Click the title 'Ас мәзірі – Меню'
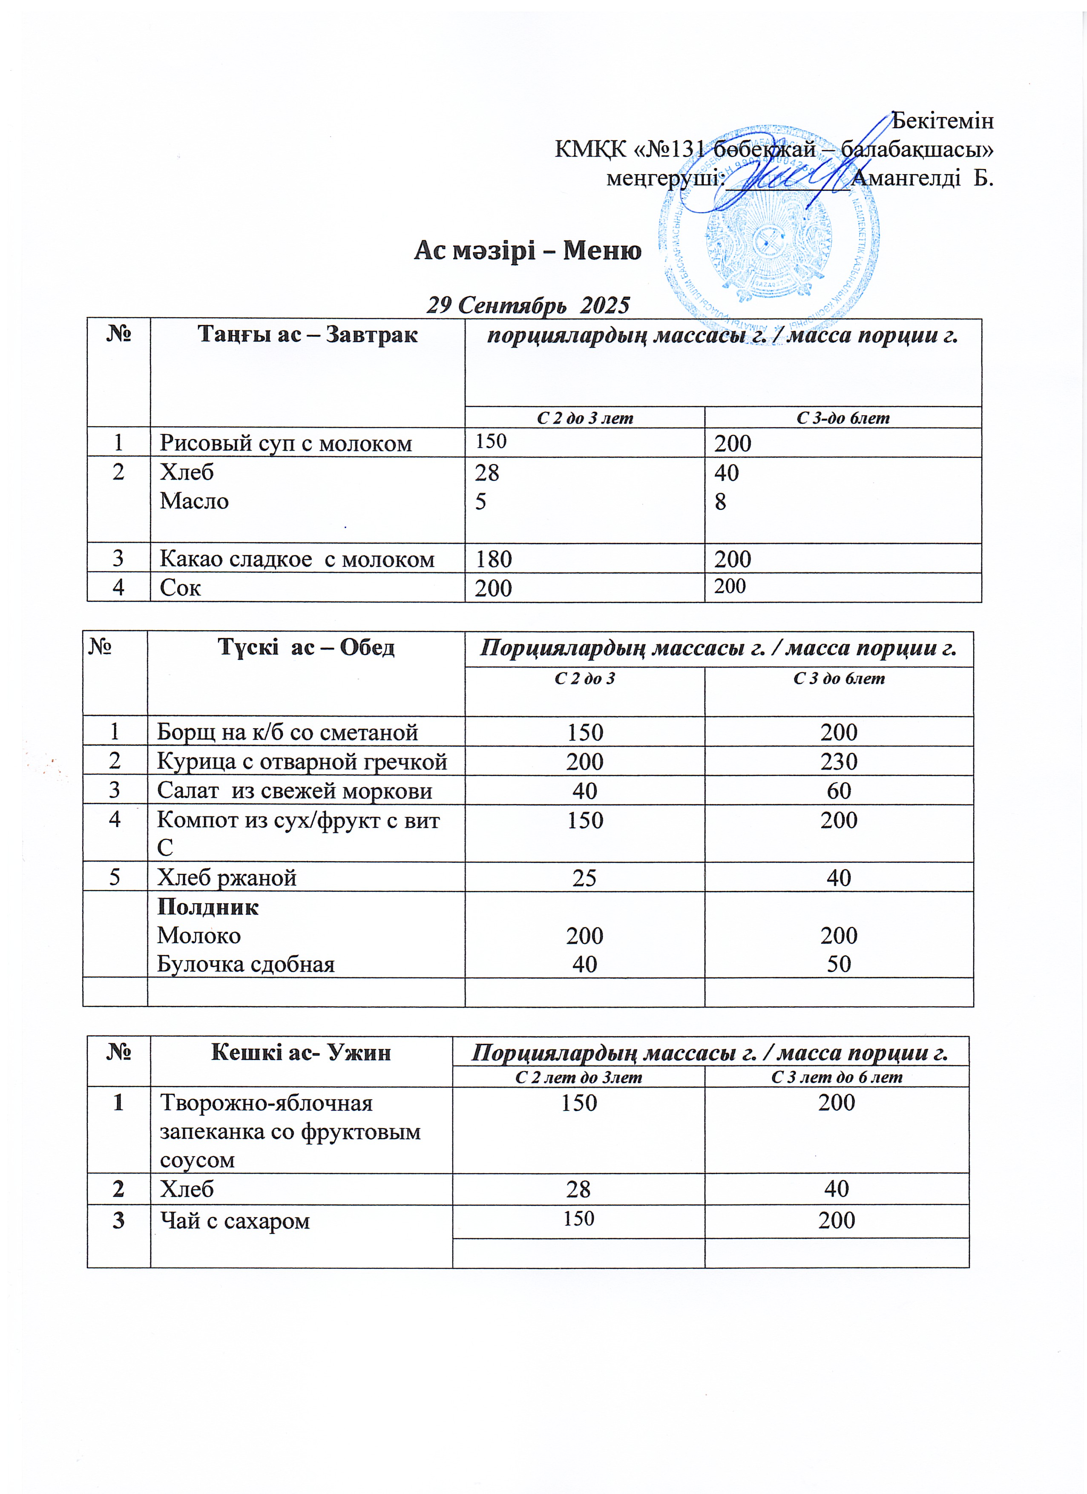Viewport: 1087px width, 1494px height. click(x=527, y=251)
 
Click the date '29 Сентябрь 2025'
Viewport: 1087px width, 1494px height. click(x=528, y=305)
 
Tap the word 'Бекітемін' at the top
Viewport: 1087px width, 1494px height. click(x=942, y=121)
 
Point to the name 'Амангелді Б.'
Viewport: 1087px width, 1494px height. click(x=922, y=178)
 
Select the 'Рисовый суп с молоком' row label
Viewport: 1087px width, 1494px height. click(x=285, y=443)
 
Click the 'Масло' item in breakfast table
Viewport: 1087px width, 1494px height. click(x=194, y=501)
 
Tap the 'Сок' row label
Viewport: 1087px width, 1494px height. click(x=180, y=588)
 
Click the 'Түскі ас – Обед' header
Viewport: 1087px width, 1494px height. click(x=306, y=647)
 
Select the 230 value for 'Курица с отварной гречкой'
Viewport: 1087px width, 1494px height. click(x=839, y=761)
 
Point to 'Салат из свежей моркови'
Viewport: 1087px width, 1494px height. click(x=294, y=790)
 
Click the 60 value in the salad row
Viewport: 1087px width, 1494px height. click(x=839, y=790)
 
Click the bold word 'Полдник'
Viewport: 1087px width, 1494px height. click(x=207, y=907)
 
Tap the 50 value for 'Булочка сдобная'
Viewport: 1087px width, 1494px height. click(x=839, y=964)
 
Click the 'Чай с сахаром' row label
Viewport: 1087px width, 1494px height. click(x=235, y=1221)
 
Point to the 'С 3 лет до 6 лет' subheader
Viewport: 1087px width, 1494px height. click(x=837, y=1077)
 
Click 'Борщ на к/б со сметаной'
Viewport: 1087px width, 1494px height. click(x=287, y=732)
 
